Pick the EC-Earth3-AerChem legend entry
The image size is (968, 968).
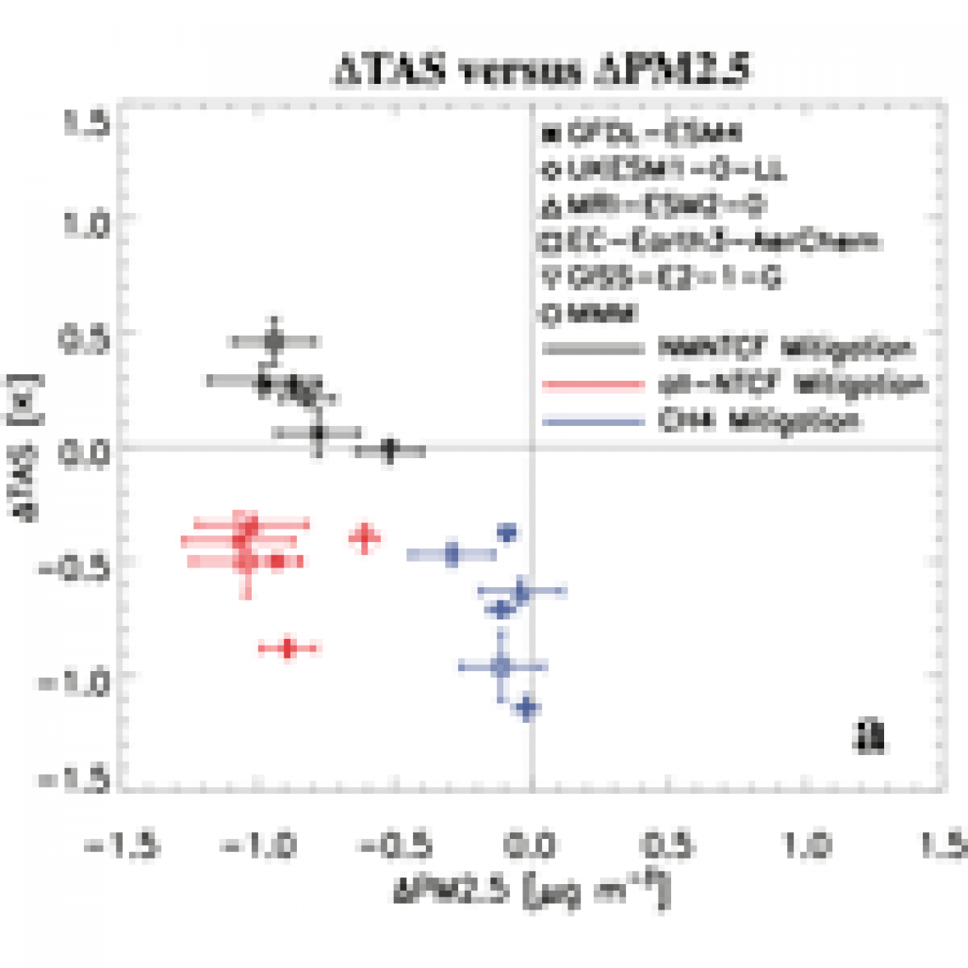(711, 242)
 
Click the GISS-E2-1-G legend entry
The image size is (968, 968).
(662, 278)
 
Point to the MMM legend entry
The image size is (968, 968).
(592, 313)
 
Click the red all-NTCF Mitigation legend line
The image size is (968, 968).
(592, 384)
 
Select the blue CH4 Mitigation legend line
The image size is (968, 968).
(592, 421)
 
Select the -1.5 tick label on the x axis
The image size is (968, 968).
(122, 845)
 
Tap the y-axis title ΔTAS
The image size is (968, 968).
(28, 451)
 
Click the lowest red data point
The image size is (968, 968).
(288, 649)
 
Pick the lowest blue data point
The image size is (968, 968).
(528, 707)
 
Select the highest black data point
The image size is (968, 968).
(275, 340)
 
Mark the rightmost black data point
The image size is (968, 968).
(390, 450)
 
